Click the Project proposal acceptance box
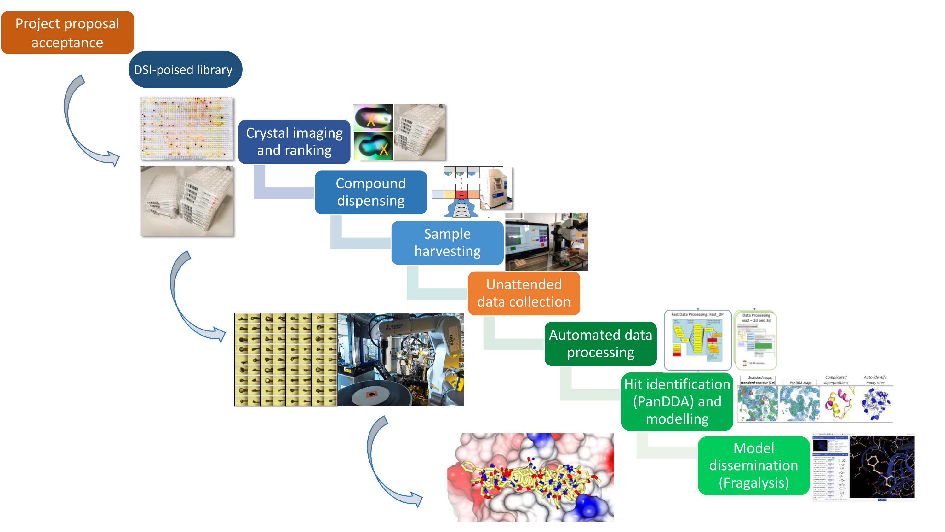pos(67,33)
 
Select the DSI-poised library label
pos(185,70)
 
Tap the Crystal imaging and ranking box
pos(294,142)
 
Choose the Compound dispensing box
pos(370,192)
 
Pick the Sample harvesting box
pos(447,243)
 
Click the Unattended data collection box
pos(524,293)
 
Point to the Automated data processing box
pos(600,344)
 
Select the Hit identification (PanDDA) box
pos(677,401)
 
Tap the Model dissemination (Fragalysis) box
pos(753,465)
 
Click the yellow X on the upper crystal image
pos(371,120)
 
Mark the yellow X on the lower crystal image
pos(384,149)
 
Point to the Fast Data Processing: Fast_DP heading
pos(697,315)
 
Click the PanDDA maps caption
pos(800,383)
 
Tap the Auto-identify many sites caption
pos(875,380)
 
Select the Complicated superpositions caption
pos(836,380)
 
